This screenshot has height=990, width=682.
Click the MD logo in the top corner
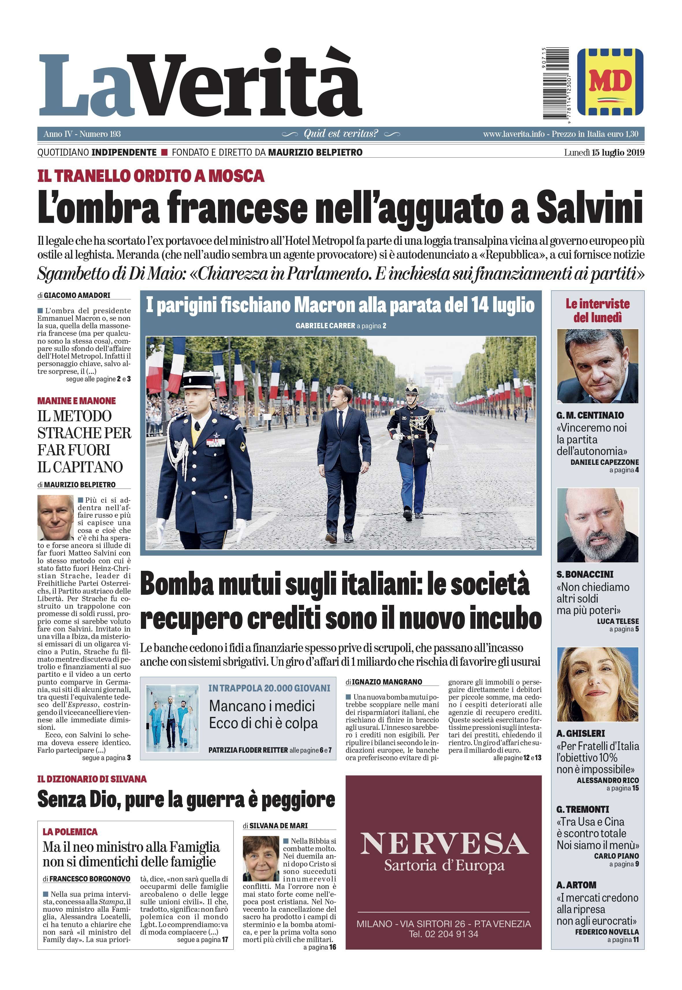(610, 82)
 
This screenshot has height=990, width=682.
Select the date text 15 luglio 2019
(618, 152)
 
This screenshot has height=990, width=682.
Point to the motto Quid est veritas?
(341, 134)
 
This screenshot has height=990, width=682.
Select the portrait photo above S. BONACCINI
(597, 525)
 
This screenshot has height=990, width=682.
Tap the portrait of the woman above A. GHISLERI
(597, 684)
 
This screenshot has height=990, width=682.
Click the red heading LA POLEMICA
(70, 832)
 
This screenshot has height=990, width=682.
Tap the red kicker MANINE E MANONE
(77, 401)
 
